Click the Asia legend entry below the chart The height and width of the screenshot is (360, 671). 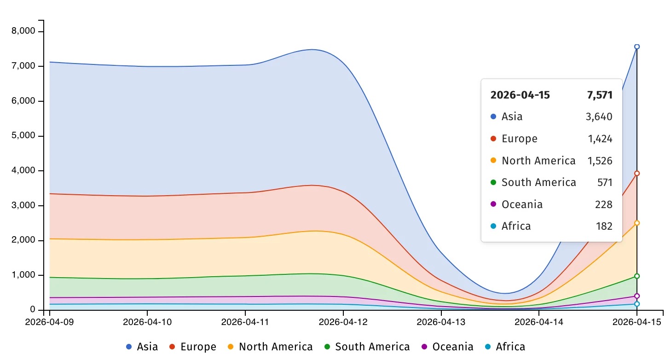pos(142,347)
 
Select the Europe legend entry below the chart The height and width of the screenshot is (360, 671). pos(193,347)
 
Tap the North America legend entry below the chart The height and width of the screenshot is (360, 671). pos(270,347)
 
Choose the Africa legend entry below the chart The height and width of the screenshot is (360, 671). pos(504,347)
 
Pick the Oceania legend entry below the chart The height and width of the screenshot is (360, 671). pos(447,347)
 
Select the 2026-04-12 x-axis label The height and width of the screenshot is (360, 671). pos(343,322)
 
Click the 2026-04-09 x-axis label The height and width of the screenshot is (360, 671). pos(49,322)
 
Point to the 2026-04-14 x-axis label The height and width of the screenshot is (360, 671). pos(539,322)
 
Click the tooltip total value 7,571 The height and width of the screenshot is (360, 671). pos(600,95)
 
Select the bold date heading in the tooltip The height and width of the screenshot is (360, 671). pos(520,95)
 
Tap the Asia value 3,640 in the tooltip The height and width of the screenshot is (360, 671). pos(599,117)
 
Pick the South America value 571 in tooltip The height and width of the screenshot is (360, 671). pos(604,183)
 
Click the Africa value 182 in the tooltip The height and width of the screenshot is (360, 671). pos(604,226)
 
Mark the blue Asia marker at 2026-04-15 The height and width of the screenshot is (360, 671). pos(637,46)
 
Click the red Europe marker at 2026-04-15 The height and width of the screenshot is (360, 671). pos(637,174)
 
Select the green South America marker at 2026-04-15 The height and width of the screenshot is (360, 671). pos(637,276)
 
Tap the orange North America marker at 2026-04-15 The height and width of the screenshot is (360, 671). pos(637,223)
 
